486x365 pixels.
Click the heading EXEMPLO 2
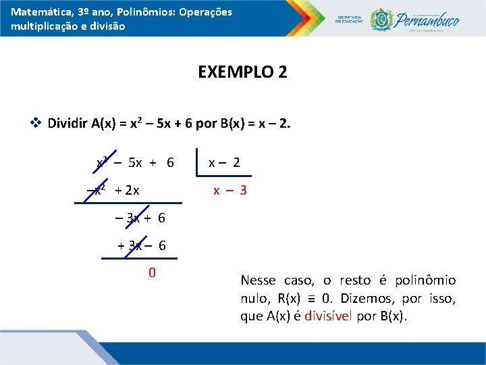[242, 72]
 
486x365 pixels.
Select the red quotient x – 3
[230, 191]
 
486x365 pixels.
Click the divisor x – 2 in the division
[224, 162]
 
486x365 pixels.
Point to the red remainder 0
[152, 273]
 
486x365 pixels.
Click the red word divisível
[328, 316]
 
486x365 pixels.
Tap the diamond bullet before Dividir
[36, 123]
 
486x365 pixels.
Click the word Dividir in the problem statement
[67, 123]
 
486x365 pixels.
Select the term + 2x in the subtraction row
[127, 191]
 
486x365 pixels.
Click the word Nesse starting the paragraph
[257, 280]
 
